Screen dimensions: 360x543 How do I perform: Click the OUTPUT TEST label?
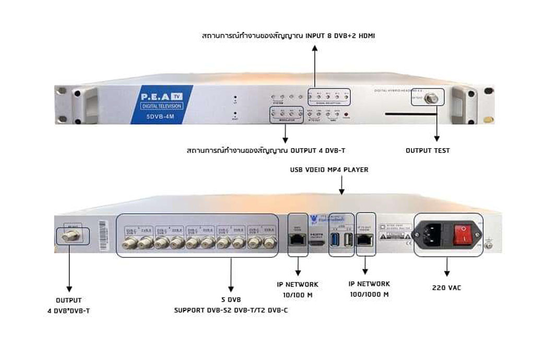[428, 151]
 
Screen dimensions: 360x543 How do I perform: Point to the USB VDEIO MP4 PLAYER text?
[329, 170]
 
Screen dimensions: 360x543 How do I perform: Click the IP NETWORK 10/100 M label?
[298, 290]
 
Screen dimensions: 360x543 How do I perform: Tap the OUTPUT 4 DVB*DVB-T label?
[68, 306]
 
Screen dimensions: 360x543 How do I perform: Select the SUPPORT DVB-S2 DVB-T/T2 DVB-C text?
[231, 310]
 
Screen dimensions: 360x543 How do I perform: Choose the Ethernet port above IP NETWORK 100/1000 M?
[365, 239]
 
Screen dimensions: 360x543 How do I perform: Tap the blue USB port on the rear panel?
[335, 241]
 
